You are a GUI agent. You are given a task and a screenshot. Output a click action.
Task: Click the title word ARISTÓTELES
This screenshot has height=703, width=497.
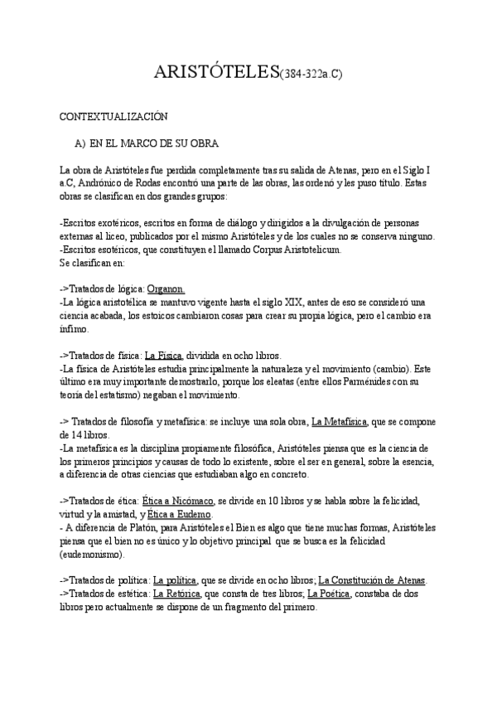coord(217,73)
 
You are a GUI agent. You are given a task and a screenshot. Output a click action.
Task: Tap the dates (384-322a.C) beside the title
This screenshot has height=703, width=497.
coord(311,75)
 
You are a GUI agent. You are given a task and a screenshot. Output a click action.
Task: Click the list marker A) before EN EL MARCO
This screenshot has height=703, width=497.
coord(80,143)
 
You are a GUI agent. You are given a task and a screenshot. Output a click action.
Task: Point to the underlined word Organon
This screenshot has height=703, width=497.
coord(165,288)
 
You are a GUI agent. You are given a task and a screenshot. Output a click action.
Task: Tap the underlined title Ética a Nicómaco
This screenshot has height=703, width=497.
coord(178,501)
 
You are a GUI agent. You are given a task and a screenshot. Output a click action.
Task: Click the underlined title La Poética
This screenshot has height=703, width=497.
coord(330,594)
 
